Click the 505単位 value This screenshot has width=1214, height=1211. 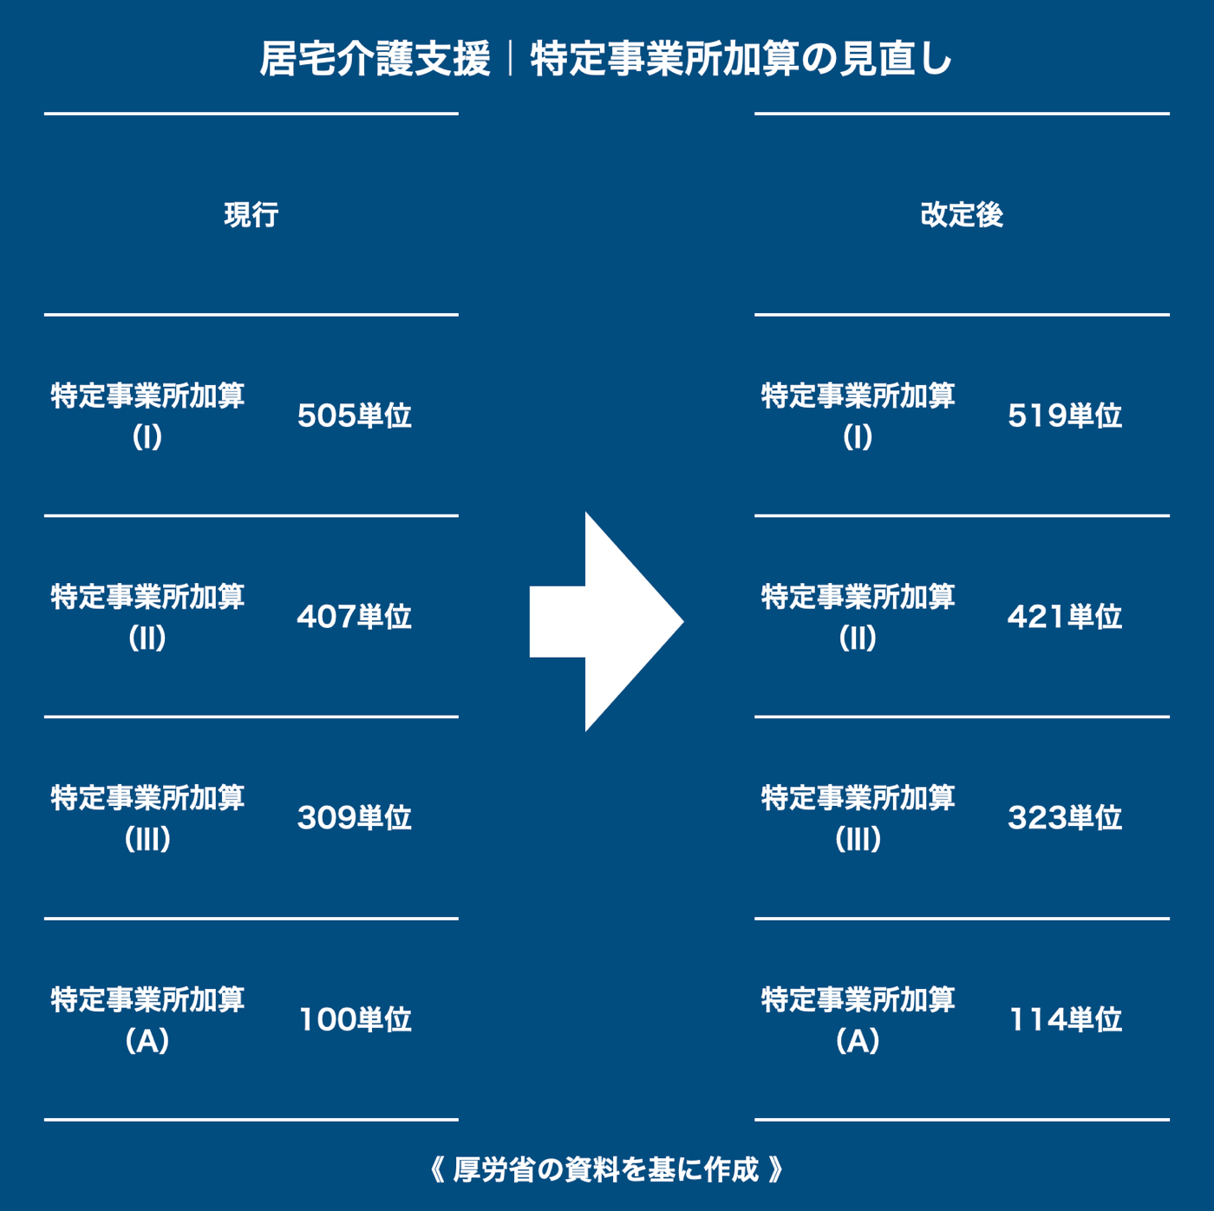[x=354, y=416]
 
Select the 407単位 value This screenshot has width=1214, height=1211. [x=354, y=617]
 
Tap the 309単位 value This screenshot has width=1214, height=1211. [x=354, y=818]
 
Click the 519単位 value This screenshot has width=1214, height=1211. [x=1065, y=416]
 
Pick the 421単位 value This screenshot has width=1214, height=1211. [x=1065, y=617]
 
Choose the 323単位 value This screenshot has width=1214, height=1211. [x=1065, y=818]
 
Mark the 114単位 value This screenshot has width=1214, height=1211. [x=1066, y=1019]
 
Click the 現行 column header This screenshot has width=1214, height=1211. [x=251, y=214]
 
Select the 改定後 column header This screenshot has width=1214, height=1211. [x=962, y=214]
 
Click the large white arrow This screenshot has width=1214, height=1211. [x=607, y=622]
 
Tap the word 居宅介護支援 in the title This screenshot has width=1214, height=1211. [x=375, y=59]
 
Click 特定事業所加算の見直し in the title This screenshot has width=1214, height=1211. [x=741, y=59]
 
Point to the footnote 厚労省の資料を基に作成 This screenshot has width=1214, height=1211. [x=606, y=1169]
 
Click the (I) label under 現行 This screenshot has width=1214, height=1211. [x=147, y=437]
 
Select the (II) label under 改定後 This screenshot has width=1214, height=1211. [x=858, y=638]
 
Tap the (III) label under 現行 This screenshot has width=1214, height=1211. [x=147, y=839]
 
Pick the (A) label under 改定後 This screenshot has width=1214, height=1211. [x=858, y=1040]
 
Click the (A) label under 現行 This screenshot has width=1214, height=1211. [x=147, y=1040]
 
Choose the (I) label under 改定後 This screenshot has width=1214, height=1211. [x=858, y=437]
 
